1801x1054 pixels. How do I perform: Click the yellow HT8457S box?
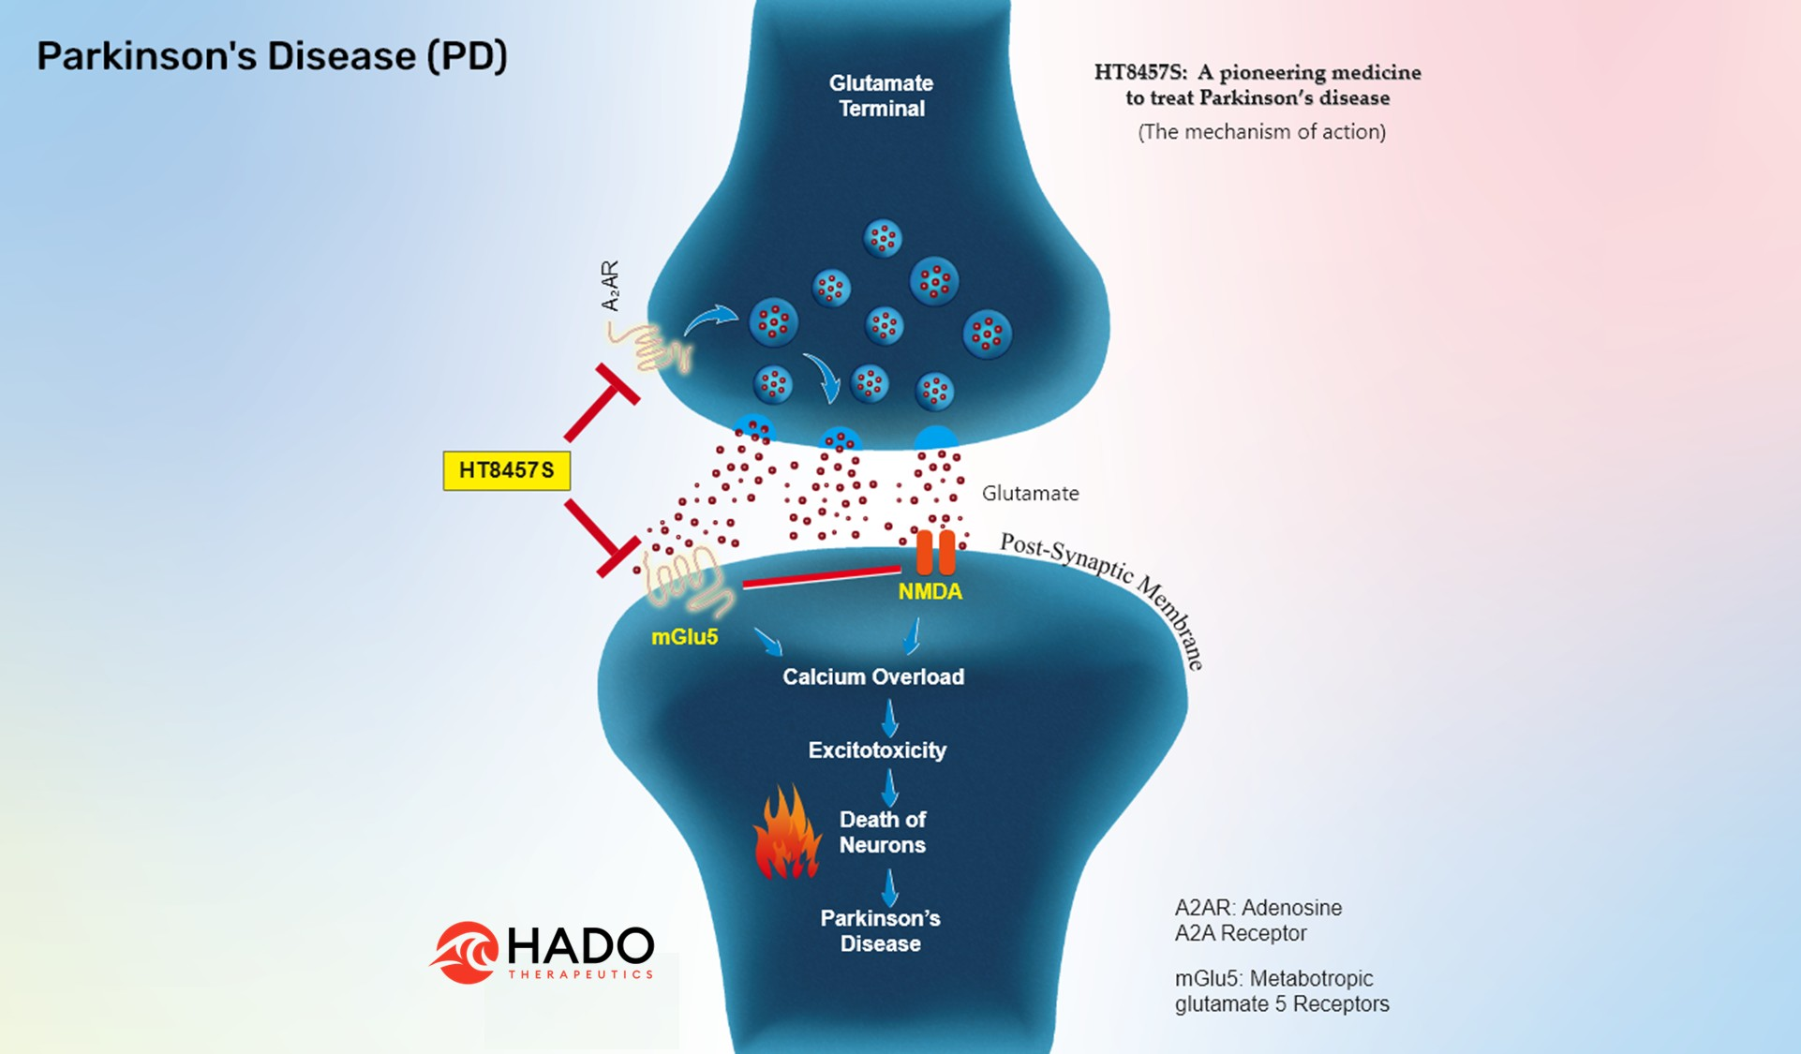pyautogui.click(x=506, y=470)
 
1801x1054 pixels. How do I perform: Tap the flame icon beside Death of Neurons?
pyautogui.click(x=787, y=833)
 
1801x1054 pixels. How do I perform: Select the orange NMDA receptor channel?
pyautogui.click(x=935, y=552)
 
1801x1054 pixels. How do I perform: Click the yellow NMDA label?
pyautogui.click(x=930, y=592)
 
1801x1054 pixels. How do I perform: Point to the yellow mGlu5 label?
pyautogui.click(x=684, y=637)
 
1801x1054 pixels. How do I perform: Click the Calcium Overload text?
pyautogui.click(x=873, y=676)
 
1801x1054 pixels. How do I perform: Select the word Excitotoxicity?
pyautogui.click(x=877, y=750)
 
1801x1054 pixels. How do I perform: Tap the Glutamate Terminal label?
pyautogui.click(x=881, y=96)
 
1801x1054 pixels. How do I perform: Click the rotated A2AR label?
pyautogui.click(x=610, y=286)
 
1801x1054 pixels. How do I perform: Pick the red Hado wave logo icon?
pyautogui.click(x=465, y=953)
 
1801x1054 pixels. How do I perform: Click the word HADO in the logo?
pyautogui.click(x=580, y=946)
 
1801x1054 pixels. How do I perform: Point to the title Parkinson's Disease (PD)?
pyautogui.click(x=272, y=56)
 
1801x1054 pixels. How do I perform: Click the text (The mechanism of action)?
pyautogui.click(x=1261, y=132)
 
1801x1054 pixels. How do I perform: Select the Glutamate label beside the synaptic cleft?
pyautogui.click(x=1030, y=494)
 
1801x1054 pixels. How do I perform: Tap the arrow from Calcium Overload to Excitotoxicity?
pyautogui.click(x=889, y=718)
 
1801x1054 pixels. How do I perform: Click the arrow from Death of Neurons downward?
pyautogui.click(x=889, y=887)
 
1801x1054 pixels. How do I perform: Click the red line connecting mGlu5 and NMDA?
pyautogui.click(x=821, y=577)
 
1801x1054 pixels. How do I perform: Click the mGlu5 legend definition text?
pyautogui.click(x=1281, y=991)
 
